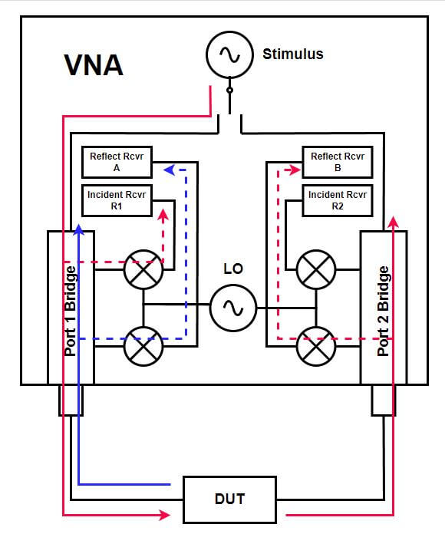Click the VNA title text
click(x=93, y=65)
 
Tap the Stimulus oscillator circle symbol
click(x=229, y=54)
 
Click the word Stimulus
click(x=292, y=54)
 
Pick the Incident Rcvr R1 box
click(x=116, y=200)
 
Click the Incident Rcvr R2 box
click(x=337, y=200)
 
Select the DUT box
click(x=229, y=499)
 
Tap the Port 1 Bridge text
click(x=71, y=311)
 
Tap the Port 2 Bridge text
click(x=384, y=311)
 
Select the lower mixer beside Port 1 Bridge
click(x=143, y=345)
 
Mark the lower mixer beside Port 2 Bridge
click(x=315, y=345)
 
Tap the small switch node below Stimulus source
click(x=229, y=91)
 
